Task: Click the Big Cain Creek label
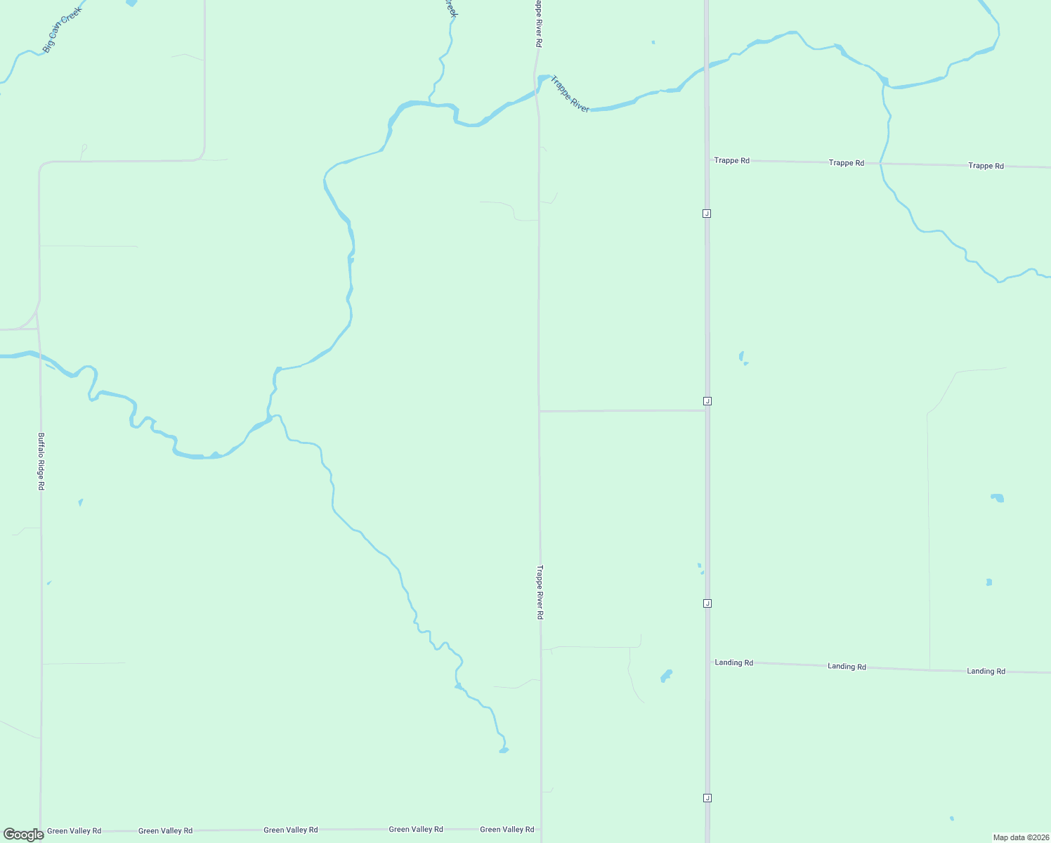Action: tap(63, 30)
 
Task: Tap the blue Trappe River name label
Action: tap(570, 94)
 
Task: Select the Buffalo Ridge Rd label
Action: tap(41, 461)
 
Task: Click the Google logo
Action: tap(24, 835)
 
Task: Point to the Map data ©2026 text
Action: tap(1020, 837)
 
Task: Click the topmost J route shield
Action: tap(707, 214)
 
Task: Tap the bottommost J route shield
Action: tap(707, 798)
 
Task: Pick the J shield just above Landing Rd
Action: tap(707, 603)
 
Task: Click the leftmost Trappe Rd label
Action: tap(731, 161)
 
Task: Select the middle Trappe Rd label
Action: tap(846, 163)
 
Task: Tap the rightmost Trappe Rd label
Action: tap(986, 166)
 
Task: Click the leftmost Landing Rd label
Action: tap(733, 662)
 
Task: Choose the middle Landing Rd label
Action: tap(847, 666)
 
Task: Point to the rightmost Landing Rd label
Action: tap(986, 671)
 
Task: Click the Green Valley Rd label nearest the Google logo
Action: tap(74, 831)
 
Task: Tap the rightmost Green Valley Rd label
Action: tap(507, 830)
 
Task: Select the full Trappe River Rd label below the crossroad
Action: tap(540, 592)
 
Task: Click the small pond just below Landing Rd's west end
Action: tap(666, 676)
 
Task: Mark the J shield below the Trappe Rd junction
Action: tap(707, 214)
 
